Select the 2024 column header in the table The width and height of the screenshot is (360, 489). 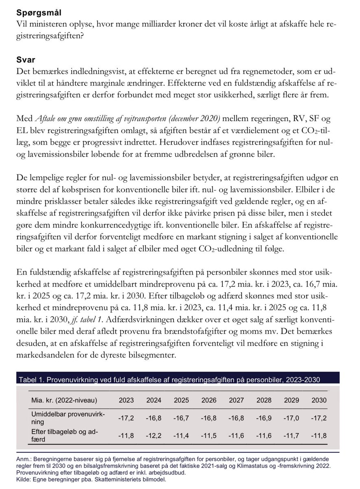tap(154, 400)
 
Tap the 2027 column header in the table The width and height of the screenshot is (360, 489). tap(236, 400)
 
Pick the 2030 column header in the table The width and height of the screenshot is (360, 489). tap(319, 400)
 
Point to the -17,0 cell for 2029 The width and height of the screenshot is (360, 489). tap(291, 417)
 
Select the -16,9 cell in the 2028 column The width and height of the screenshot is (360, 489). tap(264, 417)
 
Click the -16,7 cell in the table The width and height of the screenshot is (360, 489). tap(181, 417)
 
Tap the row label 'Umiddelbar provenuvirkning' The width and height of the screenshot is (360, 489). tap(68, 418)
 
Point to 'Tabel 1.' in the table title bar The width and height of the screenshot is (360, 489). tap(31, 380)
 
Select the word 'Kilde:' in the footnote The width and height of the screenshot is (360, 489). tap(25, 479)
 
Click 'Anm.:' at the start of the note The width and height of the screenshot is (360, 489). tap(26, 459)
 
